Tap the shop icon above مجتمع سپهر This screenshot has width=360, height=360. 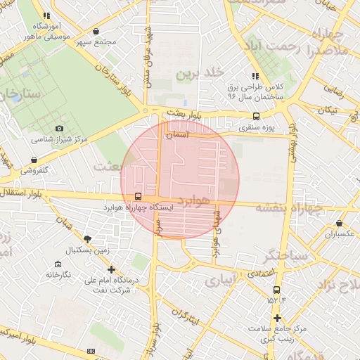tap(95, 31)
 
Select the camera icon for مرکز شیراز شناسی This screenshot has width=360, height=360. tap(59, 128)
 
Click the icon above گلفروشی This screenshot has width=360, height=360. tap(34, 160)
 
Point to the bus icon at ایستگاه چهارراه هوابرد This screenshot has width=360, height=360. tap(136, 197)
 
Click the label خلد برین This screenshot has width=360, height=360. tap(203, 73)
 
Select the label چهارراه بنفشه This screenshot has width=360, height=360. tap(282, 207)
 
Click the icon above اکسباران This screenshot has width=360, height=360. tap(339, 223)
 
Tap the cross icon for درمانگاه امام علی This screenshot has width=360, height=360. tap(111, 269)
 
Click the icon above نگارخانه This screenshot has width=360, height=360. tap(57, 264)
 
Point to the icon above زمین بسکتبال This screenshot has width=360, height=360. tap(86, 239)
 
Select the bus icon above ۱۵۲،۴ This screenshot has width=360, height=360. tap(276, 289)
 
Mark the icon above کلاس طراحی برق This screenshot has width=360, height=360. tap(255, 75)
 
